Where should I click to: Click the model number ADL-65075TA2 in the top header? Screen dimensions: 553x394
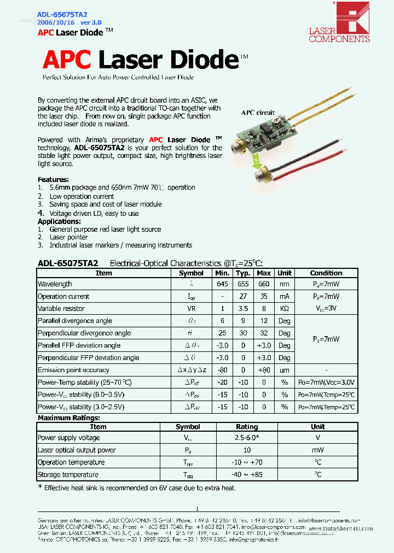pyautogui.click(x=62, y=14)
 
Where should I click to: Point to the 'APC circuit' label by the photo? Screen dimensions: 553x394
pyautogui.click(x=258, y=113)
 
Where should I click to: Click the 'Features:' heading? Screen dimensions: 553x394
pyautogui.click(x=53, y=179)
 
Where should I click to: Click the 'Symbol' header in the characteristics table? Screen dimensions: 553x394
pyautogui.click(x=191, y=273)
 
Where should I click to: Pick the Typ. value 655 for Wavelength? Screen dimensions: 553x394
pyautogui.click(x=242, y=284)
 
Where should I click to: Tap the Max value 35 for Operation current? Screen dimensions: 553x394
pyautogui.click(x=264, y=296)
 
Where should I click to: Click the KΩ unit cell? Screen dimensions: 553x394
pyautogui.click(x=285, y=308)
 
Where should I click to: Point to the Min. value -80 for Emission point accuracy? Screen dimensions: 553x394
pyautogui.click(x=222, y=370)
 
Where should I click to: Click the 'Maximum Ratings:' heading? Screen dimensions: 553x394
pyautogui.click(x=68, y=418)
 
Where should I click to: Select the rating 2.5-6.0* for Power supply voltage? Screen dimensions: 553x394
pyautogui.click(x=247, y=438)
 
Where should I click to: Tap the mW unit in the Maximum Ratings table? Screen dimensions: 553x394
pyautogui.click(x=318, y=450)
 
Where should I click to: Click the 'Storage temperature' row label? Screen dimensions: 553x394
pyautogui.click(x=68, y=474)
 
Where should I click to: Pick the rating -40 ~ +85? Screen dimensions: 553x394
pyautogui.click(x=247, y=474)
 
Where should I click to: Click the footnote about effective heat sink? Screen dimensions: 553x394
pyautogui.click(x=137, y=487)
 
